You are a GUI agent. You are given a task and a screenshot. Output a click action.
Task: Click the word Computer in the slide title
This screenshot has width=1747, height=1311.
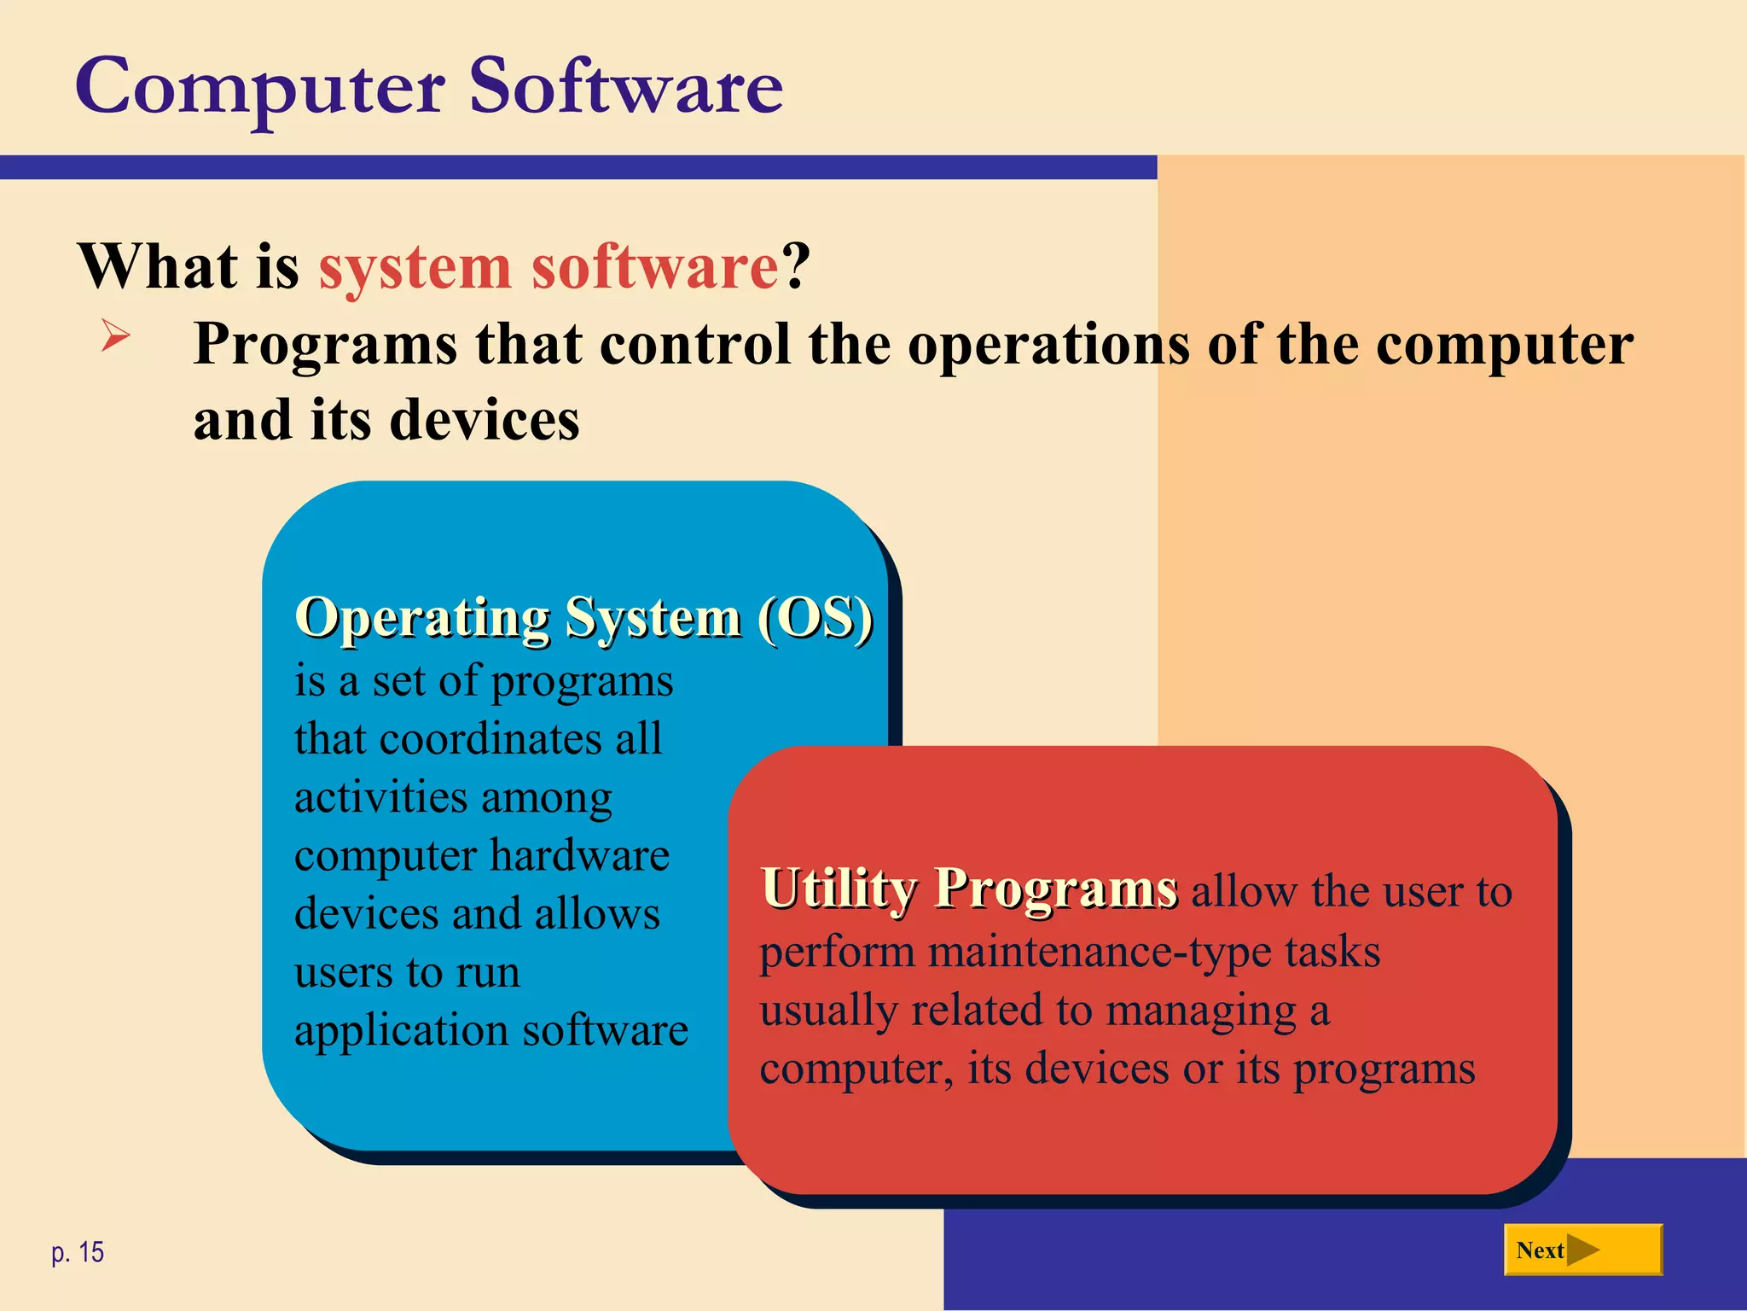pyautogui.click(x=260, y=87)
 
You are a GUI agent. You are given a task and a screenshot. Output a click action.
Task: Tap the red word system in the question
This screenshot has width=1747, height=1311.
pyautogui.click(x=414, y=267)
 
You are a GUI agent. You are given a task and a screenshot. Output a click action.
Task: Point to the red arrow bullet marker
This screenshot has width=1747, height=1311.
pyautogui.click(x=115, y=335)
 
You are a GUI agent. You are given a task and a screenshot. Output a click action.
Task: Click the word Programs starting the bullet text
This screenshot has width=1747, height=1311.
pyautogui.click(x=325, y=346)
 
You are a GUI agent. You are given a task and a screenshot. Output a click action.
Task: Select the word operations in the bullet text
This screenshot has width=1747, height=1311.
pyautogui.click(x=1048, y=346)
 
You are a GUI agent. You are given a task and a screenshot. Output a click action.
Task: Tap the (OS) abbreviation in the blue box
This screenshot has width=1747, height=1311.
pyautogui.click(x=815, y=617)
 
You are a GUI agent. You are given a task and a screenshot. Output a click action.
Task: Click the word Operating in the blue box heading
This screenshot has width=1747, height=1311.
pyautogui.click(x=422, y=617)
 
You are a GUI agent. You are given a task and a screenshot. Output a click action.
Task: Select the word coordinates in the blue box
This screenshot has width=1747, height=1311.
pyautogui.click(x=490, y=739)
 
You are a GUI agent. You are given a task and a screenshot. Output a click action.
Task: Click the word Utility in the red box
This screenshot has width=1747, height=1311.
pyautogui.click(x=839, y=889)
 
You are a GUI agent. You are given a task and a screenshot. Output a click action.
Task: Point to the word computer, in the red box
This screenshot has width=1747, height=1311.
pyautogui.click(x=856, y=1069)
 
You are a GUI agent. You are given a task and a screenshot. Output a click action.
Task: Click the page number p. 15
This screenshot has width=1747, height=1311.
pyautogui.click(x=78, y=1252)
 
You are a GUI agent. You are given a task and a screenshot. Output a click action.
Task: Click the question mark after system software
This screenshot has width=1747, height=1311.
pyautogui.click(x=796, y=267)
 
